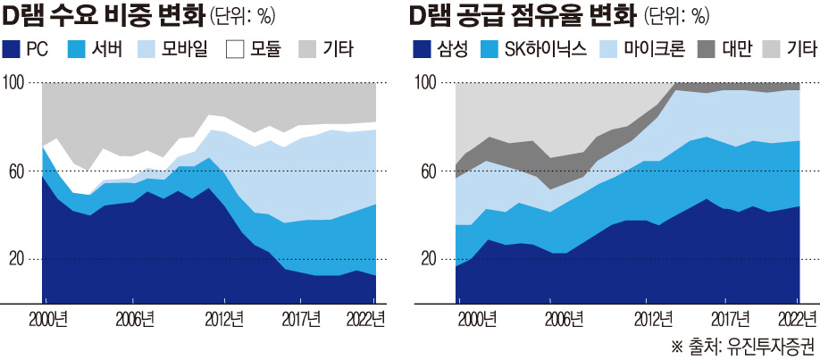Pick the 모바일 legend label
[185, 49]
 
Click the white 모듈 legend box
[235, 49]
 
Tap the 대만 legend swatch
[704, 49]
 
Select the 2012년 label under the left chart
[224, 318]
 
